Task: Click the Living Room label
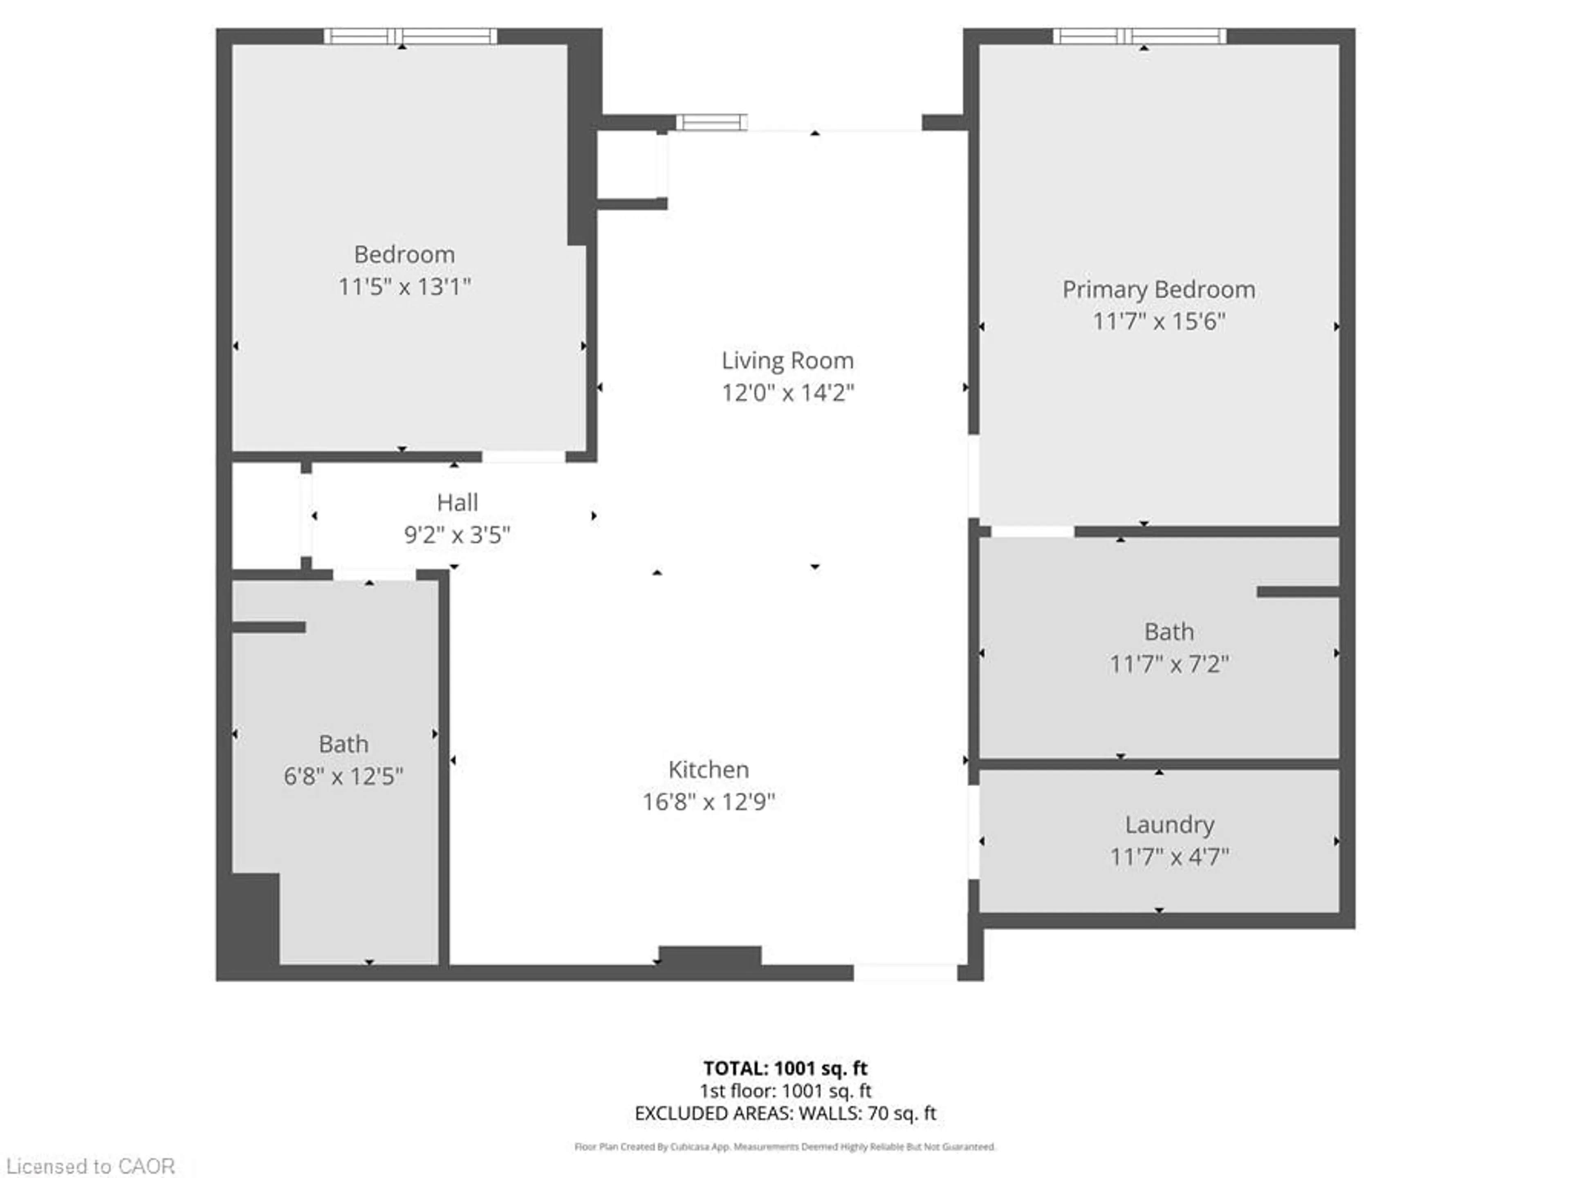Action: (x=787, y=361)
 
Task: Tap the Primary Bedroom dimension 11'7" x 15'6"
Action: (x=1158, y=321)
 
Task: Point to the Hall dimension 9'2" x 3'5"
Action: (x=457, y=535)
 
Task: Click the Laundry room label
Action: (x=1169, y=825)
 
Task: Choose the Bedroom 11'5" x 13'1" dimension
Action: (x=404, y=287)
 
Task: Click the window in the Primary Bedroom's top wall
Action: (x=1139, y=36)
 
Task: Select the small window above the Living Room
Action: (x=711, y=123)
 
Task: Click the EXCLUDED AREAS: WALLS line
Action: (x=785, y=1113)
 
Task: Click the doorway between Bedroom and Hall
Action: (x=524, y=456)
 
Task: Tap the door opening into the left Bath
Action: (x=374, y=574)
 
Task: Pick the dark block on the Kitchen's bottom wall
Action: (x=710, y=956)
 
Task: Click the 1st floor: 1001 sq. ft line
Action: (x=785, y=1090)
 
